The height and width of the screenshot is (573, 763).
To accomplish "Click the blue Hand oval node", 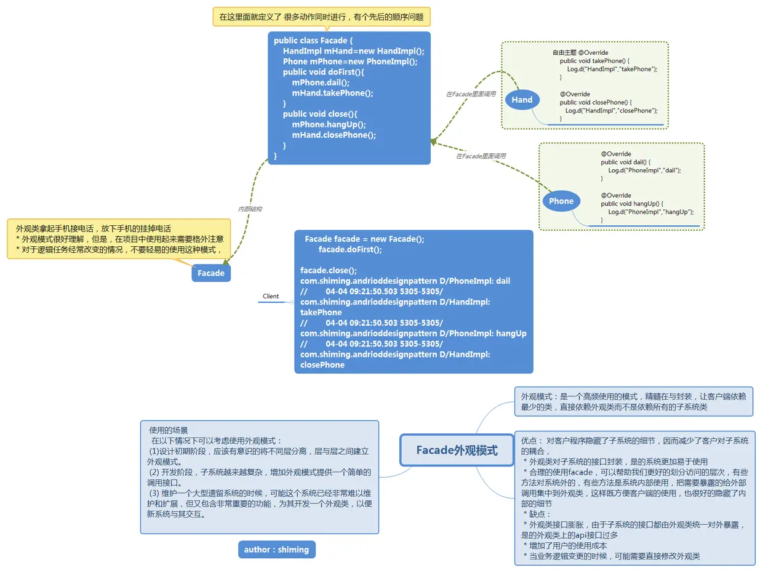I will pos(522,100).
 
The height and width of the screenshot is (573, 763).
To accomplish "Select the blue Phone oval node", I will pos(561,201).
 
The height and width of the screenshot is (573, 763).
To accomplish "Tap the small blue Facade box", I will pos(211,273).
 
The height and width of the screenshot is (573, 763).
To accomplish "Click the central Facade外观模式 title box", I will pos(457,451).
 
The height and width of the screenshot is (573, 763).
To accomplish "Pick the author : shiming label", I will pos(276,550).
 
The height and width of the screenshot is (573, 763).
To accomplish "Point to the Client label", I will pos(271,296).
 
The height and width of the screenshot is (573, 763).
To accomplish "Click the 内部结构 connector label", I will pos(250,209).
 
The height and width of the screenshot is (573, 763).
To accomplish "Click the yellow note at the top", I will pos(321,17).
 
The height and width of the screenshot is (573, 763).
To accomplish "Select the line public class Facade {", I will pos(313,41).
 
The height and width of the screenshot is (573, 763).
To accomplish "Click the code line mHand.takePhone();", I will pos(332,93).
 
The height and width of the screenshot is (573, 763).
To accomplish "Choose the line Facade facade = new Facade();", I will pos(364,239).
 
